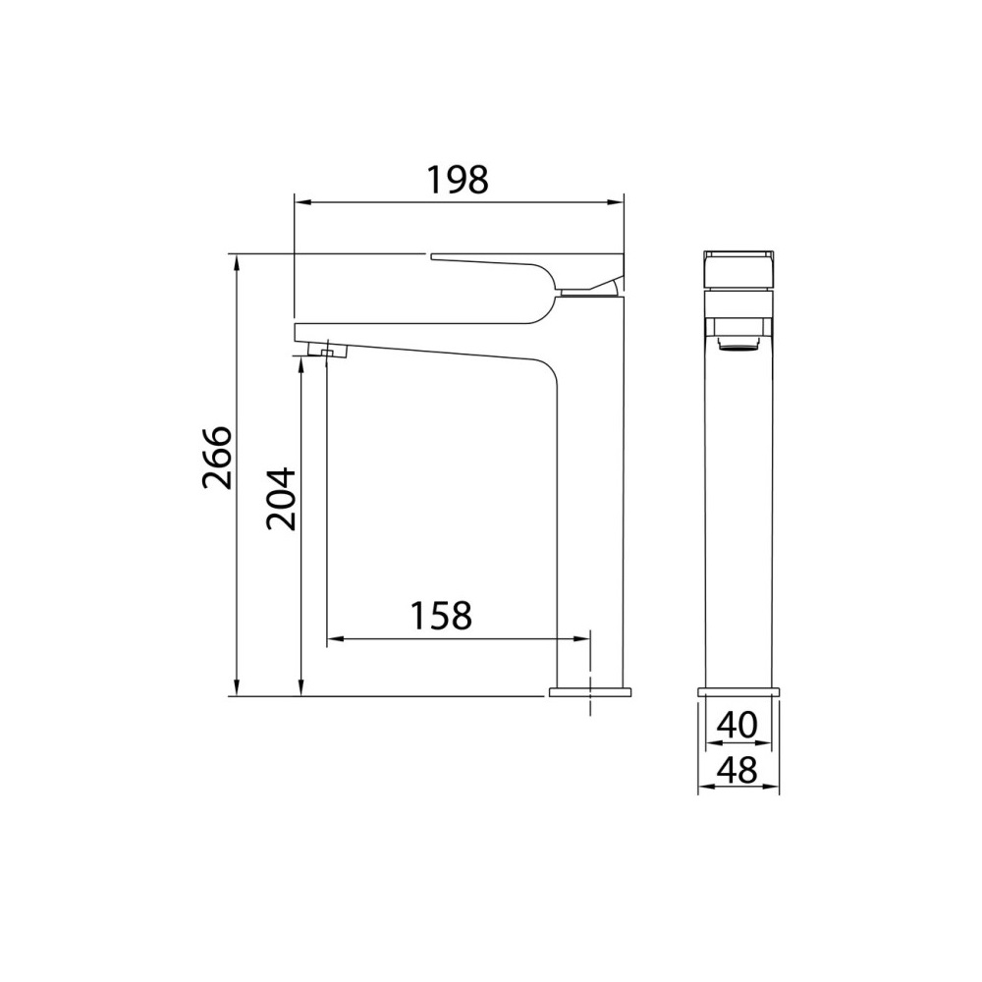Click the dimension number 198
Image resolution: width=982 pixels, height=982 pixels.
[458, 180]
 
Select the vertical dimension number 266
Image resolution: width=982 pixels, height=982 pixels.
[218, 458]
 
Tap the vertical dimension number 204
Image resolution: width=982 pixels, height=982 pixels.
[281, 499]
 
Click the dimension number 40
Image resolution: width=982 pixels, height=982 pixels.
[737, 726]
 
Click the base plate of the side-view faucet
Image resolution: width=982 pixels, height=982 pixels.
[590, 691]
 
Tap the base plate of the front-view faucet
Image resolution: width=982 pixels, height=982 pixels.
[738, 691]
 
